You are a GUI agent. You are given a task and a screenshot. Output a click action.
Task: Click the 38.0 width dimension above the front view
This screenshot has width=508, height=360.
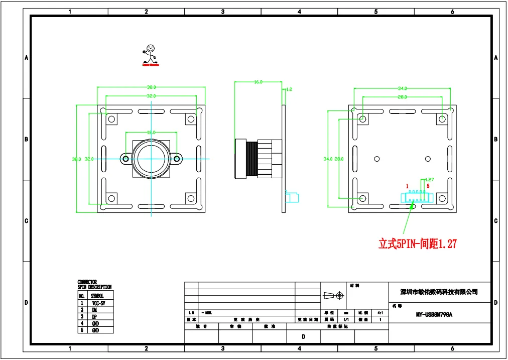click(151, 87)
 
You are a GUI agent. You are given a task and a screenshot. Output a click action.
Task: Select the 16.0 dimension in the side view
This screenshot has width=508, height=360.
click(258, 81)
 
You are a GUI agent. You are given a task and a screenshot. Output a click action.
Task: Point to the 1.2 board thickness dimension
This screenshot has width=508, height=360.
click(289, 89)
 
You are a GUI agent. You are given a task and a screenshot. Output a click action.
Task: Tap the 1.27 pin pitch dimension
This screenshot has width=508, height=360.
click(429, 179)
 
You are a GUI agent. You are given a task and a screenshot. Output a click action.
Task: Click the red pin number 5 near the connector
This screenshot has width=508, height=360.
click(428, 186)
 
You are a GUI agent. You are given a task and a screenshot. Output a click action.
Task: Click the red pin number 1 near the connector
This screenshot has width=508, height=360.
click(407, 186)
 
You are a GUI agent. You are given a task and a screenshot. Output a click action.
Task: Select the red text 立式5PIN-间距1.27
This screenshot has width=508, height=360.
click(417, 244)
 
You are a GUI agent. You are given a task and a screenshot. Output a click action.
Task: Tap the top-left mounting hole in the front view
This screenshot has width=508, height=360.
click(111, 119)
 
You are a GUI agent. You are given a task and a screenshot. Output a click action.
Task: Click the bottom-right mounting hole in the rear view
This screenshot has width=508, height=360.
click(442, 198)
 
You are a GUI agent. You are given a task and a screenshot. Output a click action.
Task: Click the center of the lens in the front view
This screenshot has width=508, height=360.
click(151, 159)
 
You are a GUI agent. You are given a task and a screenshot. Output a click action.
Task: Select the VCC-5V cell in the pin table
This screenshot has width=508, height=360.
click(98, 303)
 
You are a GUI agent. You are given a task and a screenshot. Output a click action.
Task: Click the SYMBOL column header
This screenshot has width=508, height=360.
click(97, 296)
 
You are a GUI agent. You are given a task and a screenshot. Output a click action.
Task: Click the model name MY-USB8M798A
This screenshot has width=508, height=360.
click(434, 315)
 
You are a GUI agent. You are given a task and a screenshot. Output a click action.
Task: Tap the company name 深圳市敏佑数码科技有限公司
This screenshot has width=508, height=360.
click(438, 292)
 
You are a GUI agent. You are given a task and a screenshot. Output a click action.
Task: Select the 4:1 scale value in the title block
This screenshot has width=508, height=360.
click(380, 312)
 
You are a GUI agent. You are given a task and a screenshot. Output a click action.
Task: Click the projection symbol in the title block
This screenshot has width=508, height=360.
click(334, 296)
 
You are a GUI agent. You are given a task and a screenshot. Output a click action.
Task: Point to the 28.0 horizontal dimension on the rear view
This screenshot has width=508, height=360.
click(402, 96)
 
